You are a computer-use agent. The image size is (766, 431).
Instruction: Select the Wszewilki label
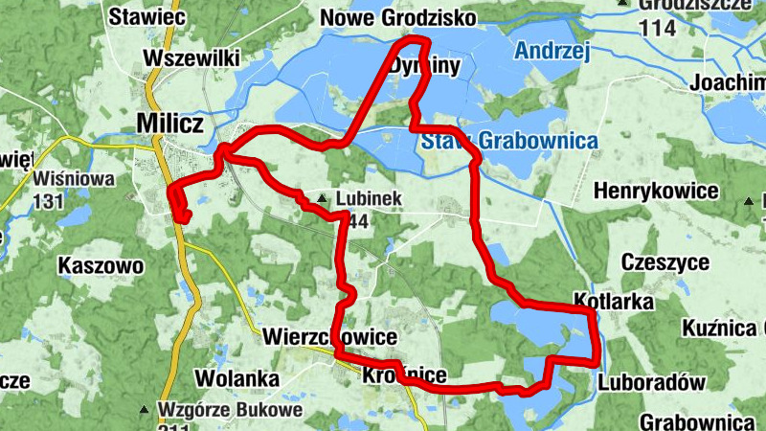pyautogui.click(x=191, y=58)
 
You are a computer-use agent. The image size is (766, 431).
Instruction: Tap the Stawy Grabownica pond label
pyautogui.click(x=508, y=142)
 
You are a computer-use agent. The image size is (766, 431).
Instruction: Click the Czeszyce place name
pyautogui.click(x=665, y=262)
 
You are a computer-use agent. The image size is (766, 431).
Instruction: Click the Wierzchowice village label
pyautogui.click(x=328, y=337)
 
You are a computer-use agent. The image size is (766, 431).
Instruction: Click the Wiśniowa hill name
pyautogui.click(x=74, y=178)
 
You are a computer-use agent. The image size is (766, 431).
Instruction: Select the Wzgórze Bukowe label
pyautogui.click(x=230, y=410)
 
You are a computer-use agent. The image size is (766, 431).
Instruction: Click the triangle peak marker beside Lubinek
pyautogui.click(x=326, y=198)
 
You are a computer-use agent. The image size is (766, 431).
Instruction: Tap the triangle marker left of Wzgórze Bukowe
pyautogui.click(x=145, y=410)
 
